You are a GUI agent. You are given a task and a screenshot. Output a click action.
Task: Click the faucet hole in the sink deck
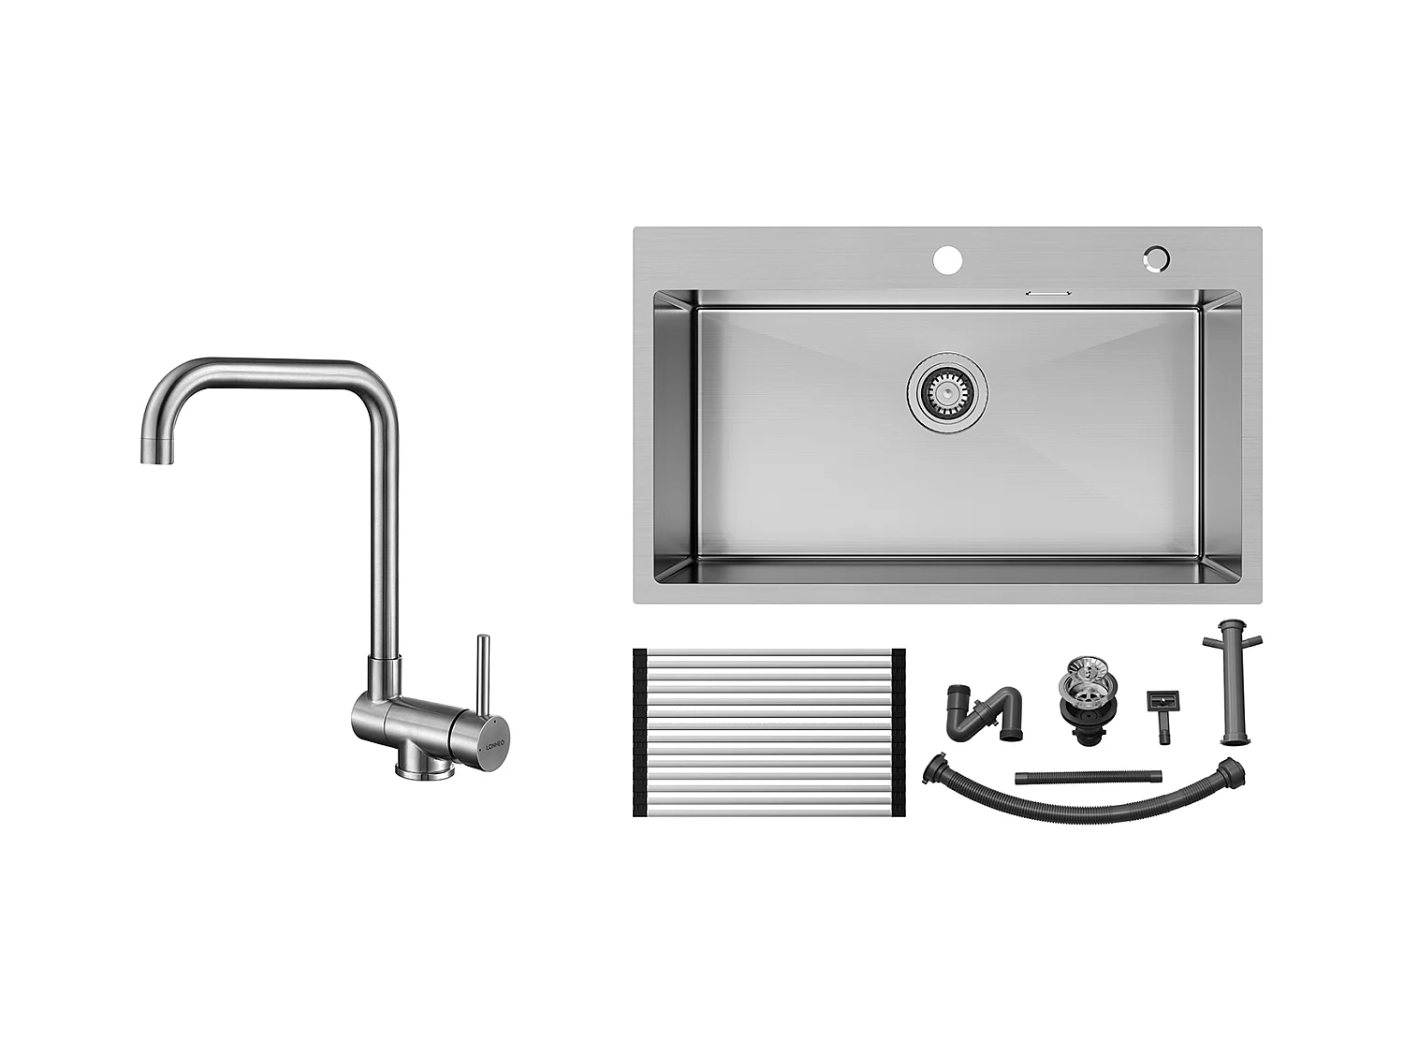tap(948, 258)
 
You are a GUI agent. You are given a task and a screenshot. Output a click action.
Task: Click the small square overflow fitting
tap(1162, 704)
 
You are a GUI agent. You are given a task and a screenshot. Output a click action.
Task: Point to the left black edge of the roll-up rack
tap(640, 732)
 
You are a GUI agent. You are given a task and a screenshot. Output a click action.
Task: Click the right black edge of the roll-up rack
tap(899, 732)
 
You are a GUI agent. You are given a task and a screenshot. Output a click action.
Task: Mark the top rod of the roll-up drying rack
tap(769, 652)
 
